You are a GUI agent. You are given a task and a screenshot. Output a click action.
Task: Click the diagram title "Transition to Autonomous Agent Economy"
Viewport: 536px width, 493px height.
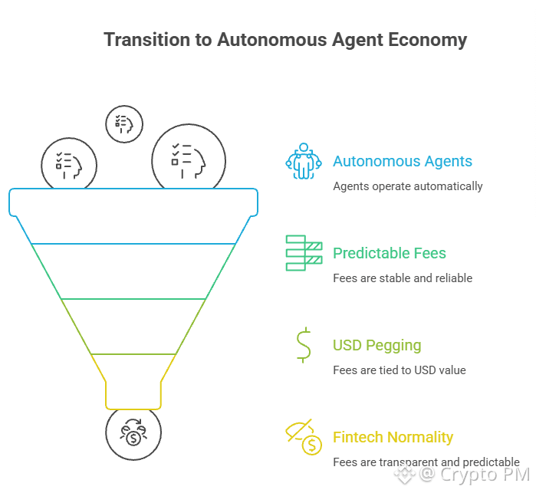coord(285,40)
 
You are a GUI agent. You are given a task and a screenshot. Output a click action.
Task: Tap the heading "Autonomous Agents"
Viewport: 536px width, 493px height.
coord(403,162)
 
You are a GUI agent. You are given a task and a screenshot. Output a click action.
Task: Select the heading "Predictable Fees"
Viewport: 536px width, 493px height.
coord(389,254)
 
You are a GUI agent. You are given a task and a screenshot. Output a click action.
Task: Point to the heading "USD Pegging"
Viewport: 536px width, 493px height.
coord(377,346)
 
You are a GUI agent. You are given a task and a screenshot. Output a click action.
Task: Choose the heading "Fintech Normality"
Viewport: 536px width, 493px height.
coord(393,438)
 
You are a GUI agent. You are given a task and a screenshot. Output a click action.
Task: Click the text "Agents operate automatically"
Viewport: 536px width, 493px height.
coord(407,186)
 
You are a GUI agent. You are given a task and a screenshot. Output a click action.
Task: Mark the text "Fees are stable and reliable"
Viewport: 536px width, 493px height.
coord(402,278)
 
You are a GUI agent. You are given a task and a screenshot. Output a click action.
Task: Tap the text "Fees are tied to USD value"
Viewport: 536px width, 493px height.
coord(399,370)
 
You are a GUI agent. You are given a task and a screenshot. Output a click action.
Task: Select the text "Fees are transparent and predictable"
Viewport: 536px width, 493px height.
coord(426,462)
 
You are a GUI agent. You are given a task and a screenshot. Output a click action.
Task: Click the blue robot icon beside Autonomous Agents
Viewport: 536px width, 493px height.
coord(304,161)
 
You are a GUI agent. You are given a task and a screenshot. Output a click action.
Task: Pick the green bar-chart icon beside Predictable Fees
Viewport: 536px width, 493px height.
coord(304,253)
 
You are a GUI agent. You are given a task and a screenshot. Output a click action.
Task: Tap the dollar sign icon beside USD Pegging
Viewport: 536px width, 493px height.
coord(304,345)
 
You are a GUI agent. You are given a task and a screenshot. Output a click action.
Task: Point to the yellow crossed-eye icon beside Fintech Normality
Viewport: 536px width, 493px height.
coord(304,437)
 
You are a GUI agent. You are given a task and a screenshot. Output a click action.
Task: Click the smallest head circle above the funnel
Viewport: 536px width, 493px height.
coord(123,123)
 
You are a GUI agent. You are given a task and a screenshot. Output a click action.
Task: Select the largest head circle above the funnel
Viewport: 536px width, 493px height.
coord(189,157)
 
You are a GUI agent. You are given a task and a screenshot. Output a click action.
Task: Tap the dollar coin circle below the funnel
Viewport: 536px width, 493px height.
coord(133,434)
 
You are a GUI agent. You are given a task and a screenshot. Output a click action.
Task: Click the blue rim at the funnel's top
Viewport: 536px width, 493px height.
coord(133,202)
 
